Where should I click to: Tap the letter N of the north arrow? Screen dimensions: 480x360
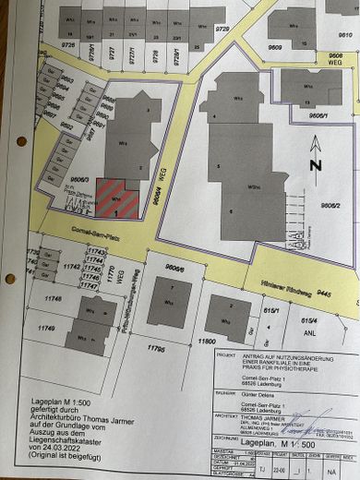[316, 166]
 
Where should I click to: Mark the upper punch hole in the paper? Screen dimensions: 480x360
[20, 141]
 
